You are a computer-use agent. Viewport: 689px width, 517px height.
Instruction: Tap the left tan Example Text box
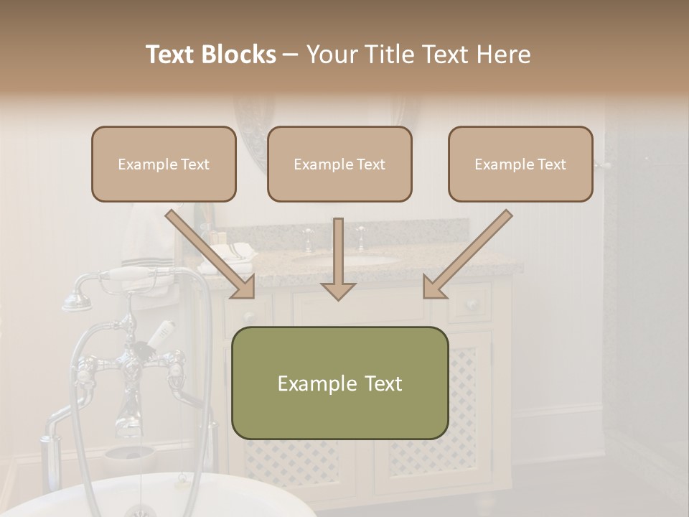pyautogui.click(x=164, y=164)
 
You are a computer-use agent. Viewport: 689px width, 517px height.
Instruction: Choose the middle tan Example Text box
pyautogui.click(x=339, y=164)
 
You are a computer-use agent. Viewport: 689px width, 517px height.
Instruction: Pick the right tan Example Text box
pyautogui.click(x=520, y=164)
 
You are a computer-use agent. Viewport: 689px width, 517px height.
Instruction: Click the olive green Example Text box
pyautogui.click(x=340, y=383)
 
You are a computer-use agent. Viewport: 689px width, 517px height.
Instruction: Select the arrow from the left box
pyautogui.click(x=212, y=254)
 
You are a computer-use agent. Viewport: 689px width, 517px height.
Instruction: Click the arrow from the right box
pyautogui.click(x=467, y=254)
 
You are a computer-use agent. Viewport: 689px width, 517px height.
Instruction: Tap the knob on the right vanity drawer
pyautogui.click(x=472, y=304)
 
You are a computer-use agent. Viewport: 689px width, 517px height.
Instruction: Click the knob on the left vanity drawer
pyautogui.click(x=248, y=316)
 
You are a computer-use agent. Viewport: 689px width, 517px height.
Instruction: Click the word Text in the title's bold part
pyautogui.click(x=172, y=55)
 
